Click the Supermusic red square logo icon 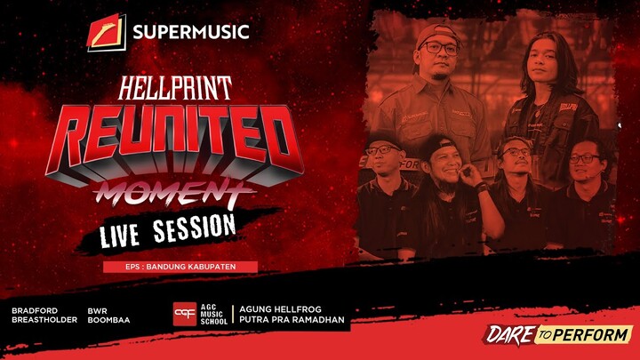(107, 33)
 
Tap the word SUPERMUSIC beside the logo (190, 34)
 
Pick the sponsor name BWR (97, 311)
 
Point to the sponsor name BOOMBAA (106, 321)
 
